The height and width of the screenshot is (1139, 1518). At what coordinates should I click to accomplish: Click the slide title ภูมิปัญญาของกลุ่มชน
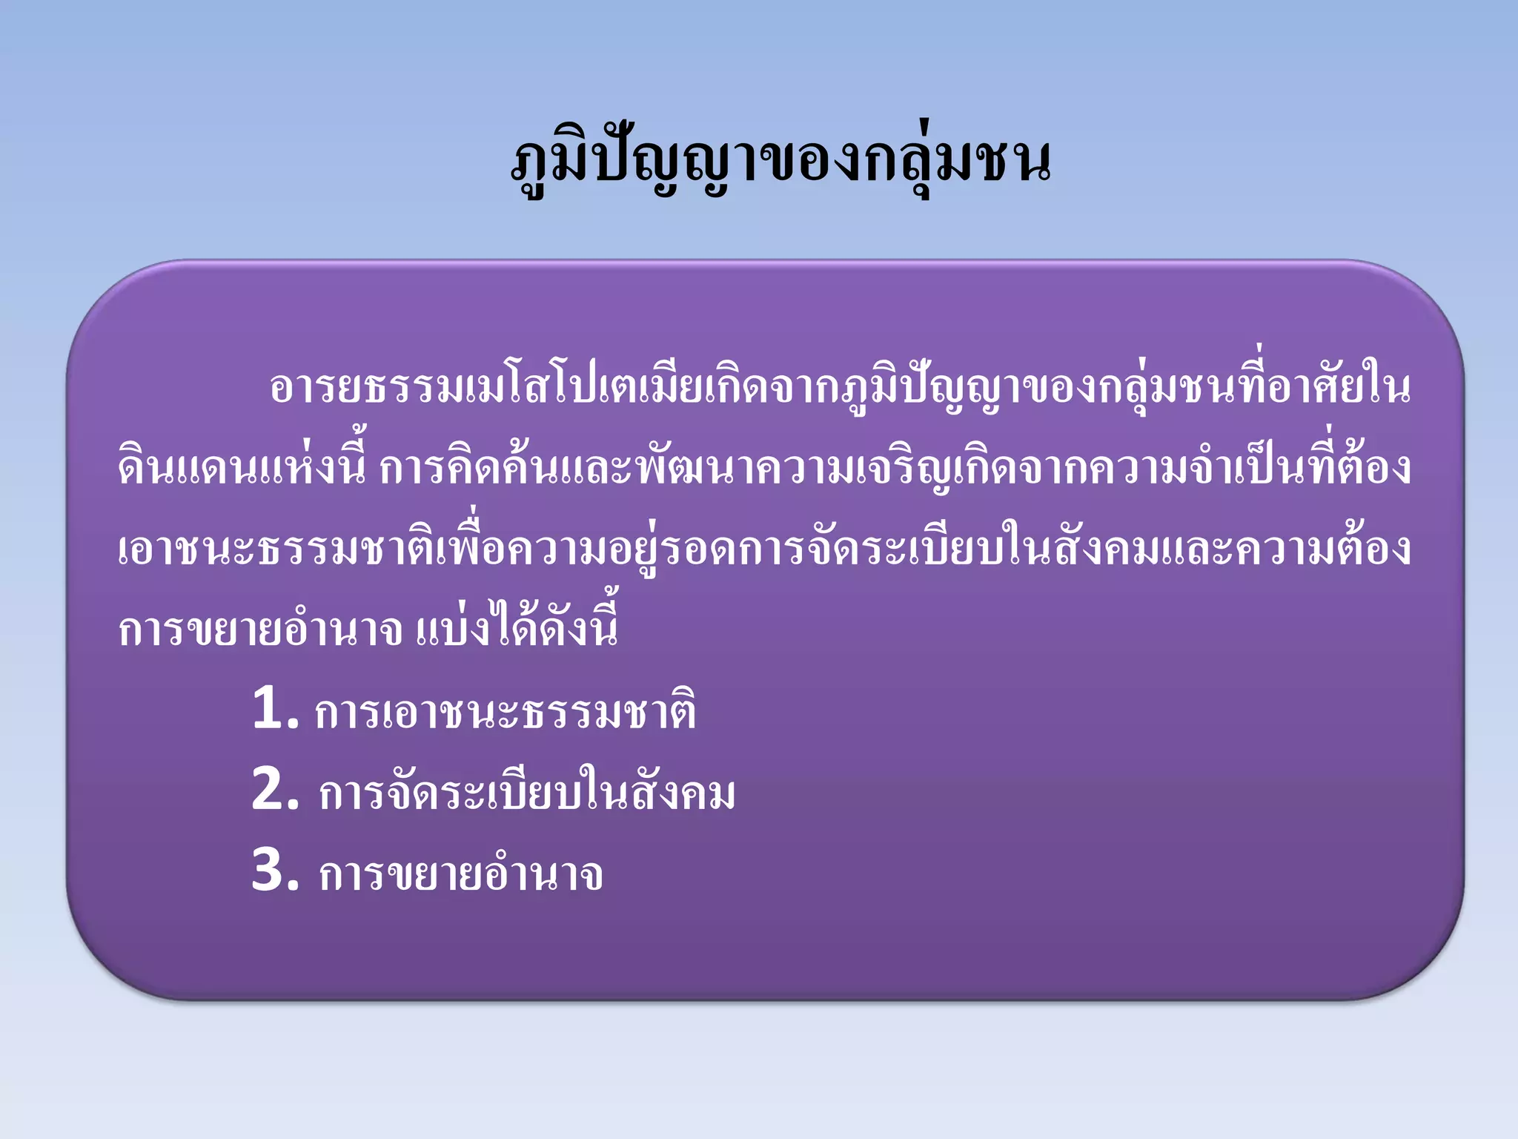781,161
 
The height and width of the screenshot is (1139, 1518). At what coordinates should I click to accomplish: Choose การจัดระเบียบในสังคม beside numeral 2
527,792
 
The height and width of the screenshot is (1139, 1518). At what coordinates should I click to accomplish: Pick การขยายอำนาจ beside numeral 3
460,874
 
